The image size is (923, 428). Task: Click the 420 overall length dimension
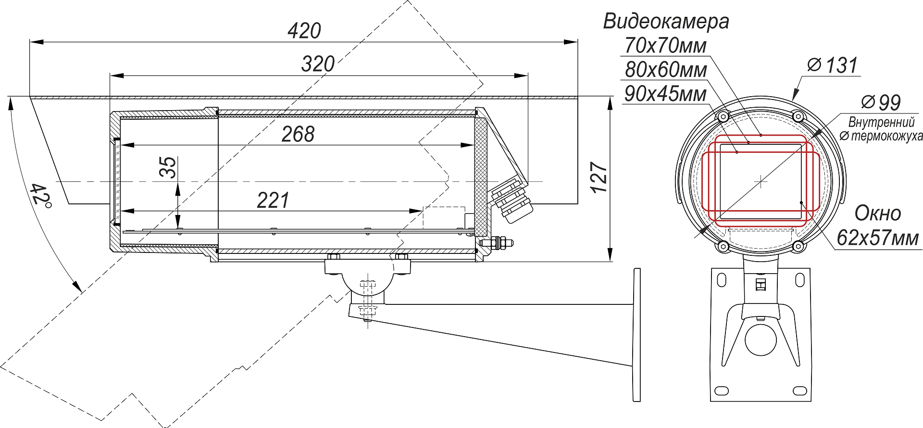(304, 31)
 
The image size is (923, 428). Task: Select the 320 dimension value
(318, 64)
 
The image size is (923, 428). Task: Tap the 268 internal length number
(298, 134)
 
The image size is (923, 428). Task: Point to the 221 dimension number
(273, 201)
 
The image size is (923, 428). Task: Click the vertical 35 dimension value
(168, 167)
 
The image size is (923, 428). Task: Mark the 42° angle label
(40, 195)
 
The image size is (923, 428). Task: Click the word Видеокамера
(666, 22)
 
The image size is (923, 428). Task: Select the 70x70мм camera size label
(666, 46)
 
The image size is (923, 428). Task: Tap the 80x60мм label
(666, 70)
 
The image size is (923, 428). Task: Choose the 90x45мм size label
(665, 94)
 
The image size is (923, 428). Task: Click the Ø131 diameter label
(833, 65)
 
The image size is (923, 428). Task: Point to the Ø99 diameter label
(881, 102)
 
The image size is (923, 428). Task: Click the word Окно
(878, 213)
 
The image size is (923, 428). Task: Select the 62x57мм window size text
(878, 238)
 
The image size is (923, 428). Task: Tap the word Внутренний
(882, 122)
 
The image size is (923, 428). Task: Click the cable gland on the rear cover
(512, 200)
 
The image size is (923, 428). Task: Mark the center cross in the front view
(761, 181)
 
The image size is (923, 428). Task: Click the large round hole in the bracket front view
(761, 340)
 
